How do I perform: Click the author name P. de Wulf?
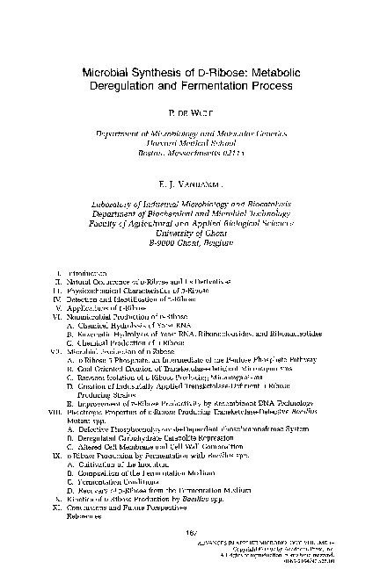coord(189,113)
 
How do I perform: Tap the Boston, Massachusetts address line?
coord(190,153)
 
